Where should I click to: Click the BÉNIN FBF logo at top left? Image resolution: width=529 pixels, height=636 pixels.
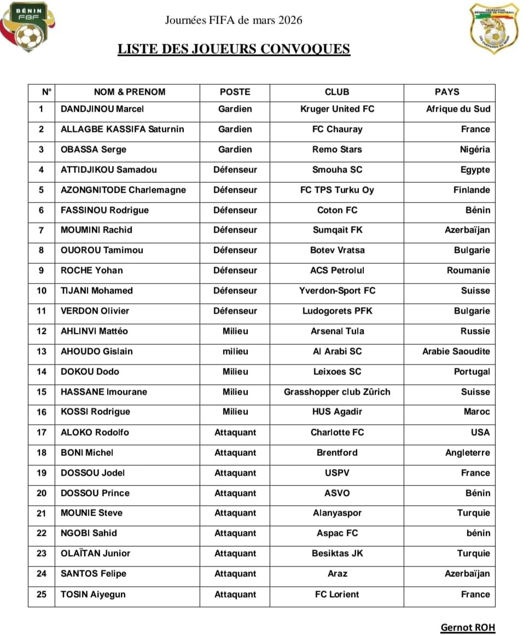pos(25,27)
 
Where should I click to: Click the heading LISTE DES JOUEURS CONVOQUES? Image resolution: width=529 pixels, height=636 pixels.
pos(234,49)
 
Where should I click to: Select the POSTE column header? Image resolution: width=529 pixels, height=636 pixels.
pos(235,92)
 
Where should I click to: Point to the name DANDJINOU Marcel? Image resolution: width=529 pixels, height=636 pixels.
pos(102,109)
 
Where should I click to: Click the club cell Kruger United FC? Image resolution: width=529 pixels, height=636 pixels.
pos(337,109)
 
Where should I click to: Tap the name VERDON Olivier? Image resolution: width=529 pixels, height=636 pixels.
pos(95,311)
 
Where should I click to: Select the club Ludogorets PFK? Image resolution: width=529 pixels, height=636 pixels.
pos(337,311)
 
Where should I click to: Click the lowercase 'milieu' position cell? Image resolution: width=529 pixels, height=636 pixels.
pos(235,351)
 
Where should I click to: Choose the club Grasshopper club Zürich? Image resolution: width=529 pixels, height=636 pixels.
pos(337,392)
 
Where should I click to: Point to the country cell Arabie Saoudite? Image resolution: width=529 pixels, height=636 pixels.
pos(456,351)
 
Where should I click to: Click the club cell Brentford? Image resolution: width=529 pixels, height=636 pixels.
pos(337,453)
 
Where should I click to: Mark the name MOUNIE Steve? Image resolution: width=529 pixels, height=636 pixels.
pos(91,513)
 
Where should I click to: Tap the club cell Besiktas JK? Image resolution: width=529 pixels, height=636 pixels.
pos(337,553)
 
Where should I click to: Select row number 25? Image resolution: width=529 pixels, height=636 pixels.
pos(42,594)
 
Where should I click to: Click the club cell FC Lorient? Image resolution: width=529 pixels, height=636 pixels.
pos(337,594)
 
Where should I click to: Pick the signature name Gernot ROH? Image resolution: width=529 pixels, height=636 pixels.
pos(468,627)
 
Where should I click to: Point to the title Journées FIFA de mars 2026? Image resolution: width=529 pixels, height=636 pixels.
pos(234,21)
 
